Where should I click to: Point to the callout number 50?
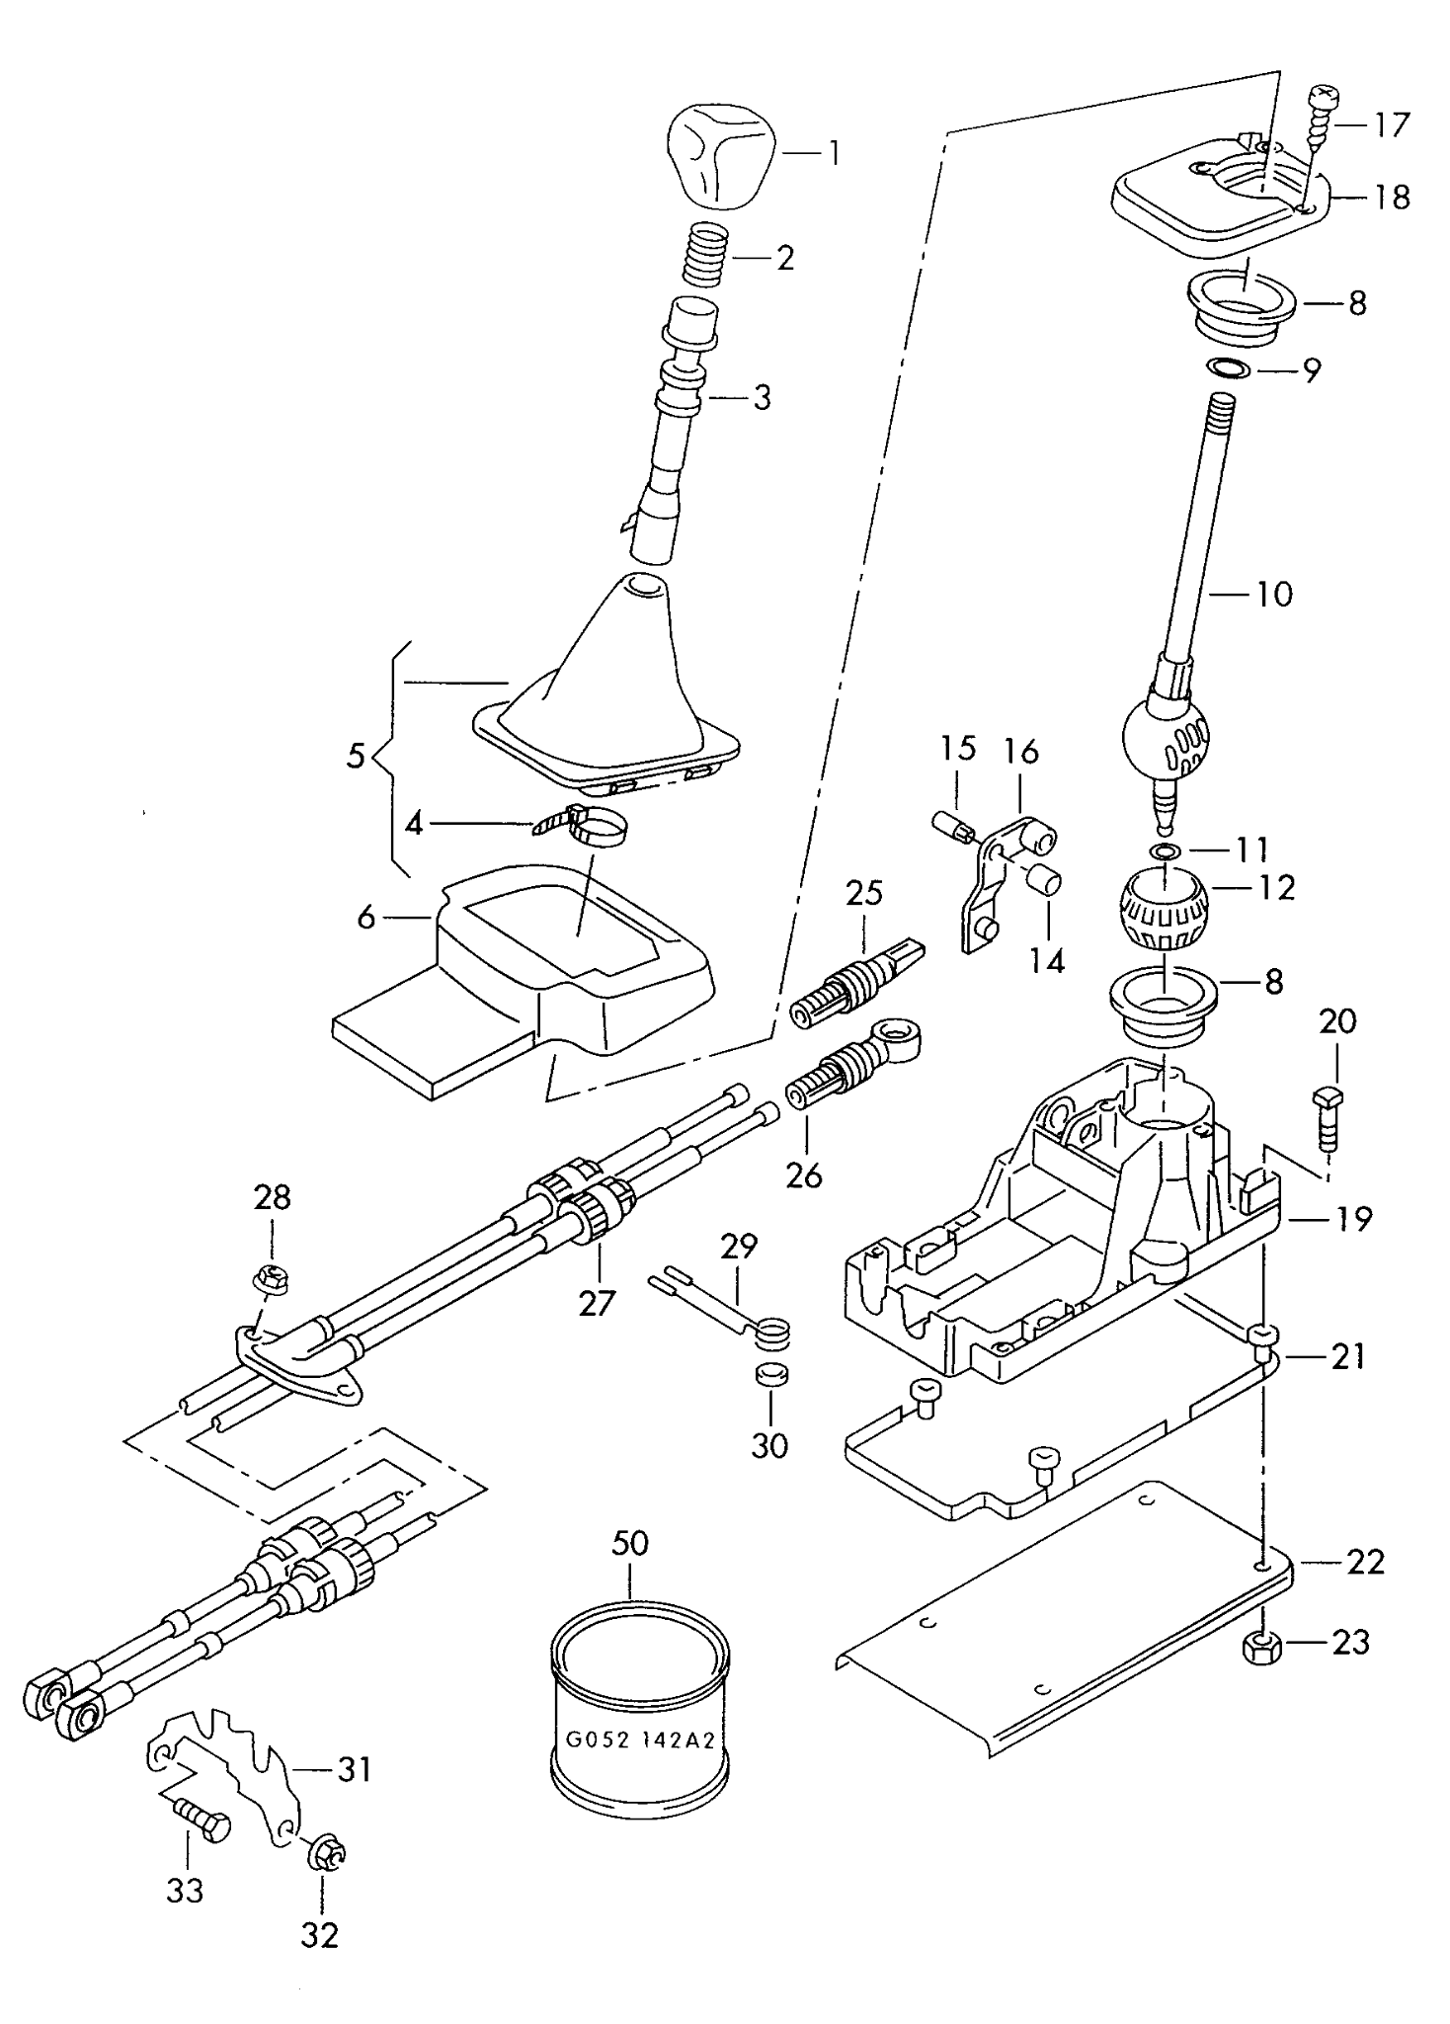point(630,1543)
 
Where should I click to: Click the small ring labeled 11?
point(1167,850)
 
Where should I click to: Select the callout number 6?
point(366,919)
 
